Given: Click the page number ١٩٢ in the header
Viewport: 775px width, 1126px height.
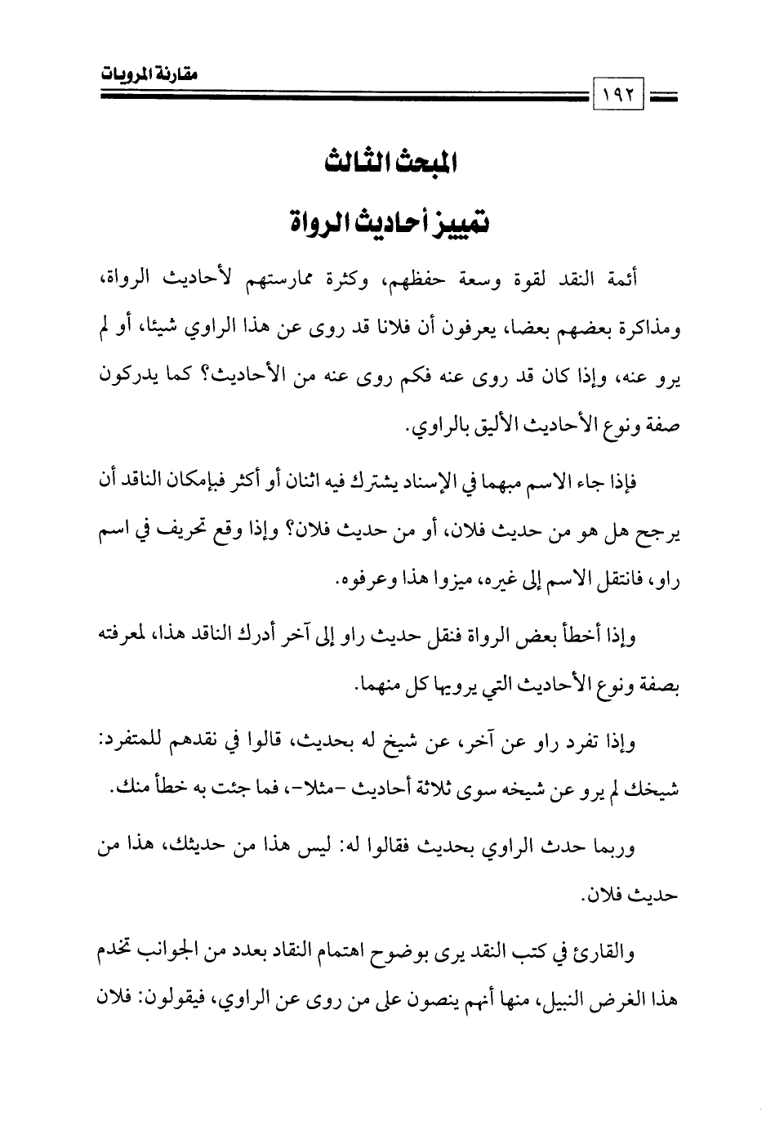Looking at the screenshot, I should (x=621, y=96).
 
